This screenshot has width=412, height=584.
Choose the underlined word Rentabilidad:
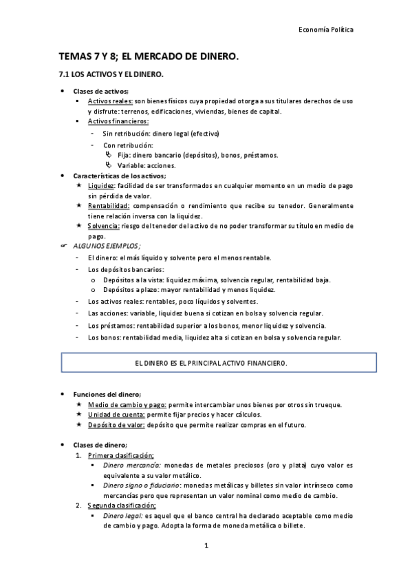[x=109, y=205]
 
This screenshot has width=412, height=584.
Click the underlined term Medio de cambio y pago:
[x=127, y=404]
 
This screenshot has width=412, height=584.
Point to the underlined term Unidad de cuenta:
[x=115, y=415]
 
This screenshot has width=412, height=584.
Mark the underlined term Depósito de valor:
[x=116, y=425]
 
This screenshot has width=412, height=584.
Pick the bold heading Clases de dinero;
[x=100, y=446]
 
